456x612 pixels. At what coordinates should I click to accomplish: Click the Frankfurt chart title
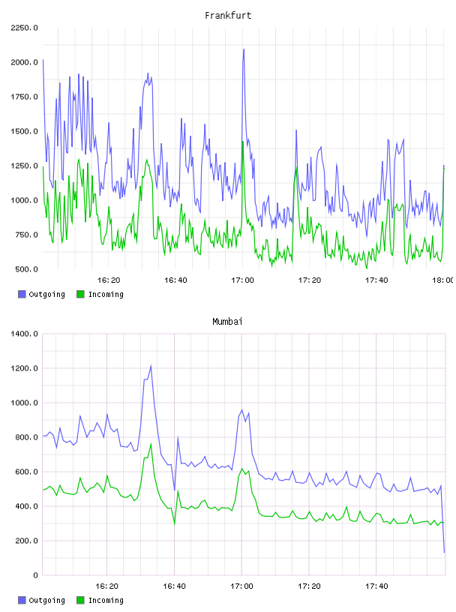(228, 16)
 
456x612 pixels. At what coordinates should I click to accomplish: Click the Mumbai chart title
(227, 322)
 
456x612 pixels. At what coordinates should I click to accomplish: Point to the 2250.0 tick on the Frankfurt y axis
(24, 28)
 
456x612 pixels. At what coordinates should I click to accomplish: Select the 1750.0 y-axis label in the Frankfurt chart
(24, 97)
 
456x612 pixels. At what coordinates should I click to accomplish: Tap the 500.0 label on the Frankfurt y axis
(26, 269)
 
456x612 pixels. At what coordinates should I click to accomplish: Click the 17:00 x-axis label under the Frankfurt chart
(242, 280)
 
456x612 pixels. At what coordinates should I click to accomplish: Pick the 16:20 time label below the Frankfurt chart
(109, 280)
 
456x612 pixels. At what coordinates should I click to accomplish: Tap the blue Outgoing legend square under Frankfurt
(22, 294)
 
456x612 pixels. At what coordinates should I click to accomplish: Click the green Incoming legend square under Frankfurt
(80, 294)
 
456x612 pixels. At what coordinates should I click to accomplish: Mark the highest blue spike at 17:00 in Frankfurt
(244, 49)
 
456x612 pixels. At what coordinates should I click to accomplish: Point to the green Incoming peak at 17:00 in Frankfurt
(243, 142)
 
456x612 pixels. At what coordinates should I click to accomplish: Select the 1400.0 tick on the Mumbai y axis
(24, 334)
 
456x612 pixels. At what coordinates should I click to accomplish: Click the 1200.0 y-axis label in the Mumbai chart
(24, 368)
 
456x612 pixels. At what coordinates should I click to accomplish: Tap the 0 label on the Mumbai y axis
(35, 575)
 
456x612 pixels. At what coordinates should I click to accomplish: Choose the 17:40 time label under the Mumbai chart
(376, 586)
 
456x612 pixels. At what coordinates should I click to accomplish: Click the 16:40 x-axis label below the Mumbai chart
(174, 586)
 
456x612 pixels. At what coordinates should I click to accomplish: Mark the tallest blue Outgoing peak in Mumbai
(151, 366)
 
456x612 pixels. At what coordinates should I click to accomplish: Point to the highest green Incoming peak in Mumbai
(151, 444)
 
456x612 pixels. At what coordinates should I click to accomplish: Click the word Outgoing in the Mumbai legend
(46, 601)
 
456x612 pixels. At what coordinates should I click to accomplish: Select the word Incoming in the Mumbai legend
(106, 601)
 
